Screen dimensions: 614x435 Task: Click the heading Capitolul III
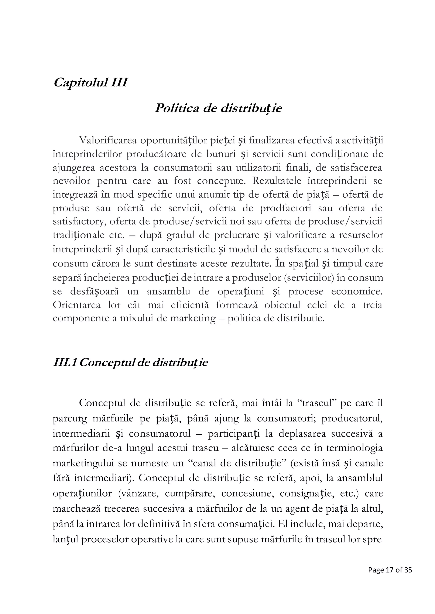click(90, 82)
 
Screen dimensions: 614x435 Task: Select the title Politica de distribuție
click(218, 109)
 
